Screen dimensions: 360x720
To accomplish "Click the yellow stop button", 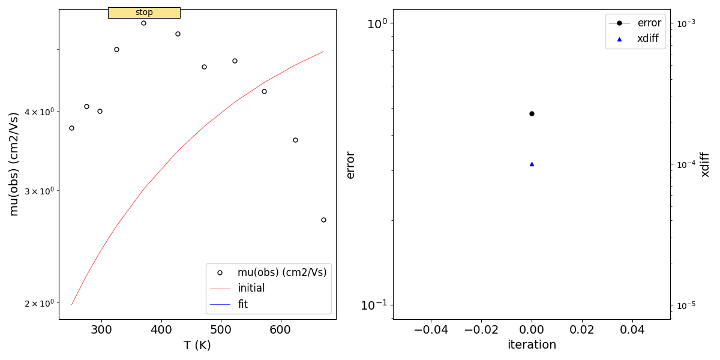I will click(x=144, y=13).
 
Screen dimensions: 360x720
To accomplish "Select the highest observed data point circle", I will click(x=143, y=23).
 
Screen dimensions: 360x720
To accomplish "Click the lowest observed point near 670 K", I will click(x=323, y=220).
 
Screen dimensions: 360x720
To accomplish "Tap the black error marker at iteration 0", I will click(x=532, y=113).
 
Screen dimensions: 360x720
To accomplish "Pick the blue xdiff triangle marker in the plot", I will click(x=532, y=164).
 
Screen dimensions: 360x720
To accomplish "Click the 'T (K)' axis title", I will click(x=197, y=346).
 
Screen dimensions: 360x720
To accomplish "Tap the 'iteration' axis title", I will click(x=532, y=345).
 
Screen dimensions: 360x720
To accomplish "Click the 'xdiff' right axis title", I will click(x=706, y=164).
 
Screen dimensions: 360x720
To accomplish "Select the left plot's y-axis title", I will click(x=14, y=164).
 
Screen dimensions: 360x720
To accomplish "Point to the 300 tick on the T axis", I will click(x=101, y=329).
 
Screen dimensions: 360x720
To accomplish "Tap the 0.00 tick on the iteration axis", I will click(x=532, y=329).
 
